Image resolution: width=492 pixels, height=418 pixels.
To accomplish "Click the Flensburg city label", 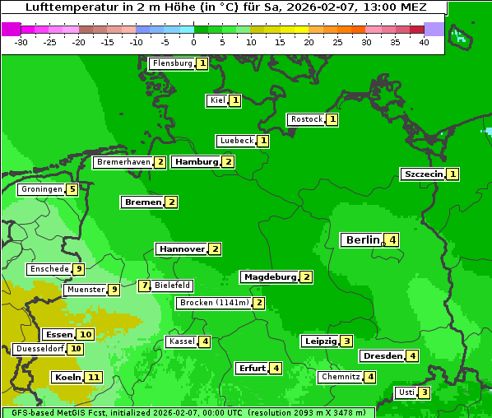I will [x=172, y=63].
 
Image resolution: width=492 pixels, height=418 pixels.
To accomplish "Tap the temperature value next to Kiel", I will [x=235, y=101].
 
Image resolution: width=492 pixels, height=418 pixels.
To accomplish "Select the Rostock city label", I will [x=306, y=119].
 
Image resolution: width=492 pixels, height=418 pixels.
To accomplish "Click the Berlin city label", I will [x=362, y=240].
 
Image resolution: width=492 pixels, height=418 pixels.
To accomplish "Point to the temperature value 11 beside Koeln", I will [x=93, y=378].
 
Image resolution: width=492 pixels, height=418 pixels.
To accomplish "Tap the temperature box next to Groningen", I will [x=72, y=189].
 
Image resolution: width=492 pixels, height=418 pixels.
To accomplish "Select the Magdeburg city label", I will [x=269, y=277].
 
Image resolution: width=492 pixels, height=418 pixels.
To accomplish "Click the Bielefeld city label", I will [x=173, y=286].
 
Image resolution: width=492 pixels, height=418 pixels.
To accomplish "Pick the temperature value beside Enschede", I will [x=78, y=269].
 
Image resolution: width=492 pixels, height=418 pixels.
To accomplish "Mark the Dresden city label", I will [x=382, y=356].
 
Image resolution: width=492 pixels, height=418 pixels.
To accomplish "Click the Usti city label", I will [x=406, y=392].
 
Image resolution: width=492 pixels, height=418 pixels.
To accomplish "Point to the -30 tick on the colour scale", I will [x=21, y=42].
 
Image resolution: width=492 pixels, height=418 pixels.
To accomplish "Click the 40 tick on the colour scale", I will [x=424, y=42].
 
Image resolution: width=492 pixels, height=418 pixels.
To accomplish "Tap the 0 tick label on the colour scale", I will [x=194, y=42].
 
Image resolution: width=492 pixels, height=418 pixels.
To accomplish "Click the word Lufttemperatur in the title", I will [x=63, y=7].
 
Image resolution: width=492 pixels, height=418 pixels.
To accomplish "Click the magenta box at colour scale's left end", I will [x=11, y=29].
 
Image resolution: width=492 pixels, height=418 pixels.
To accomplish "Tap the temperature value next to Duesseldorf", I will [x=76, y=349].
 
